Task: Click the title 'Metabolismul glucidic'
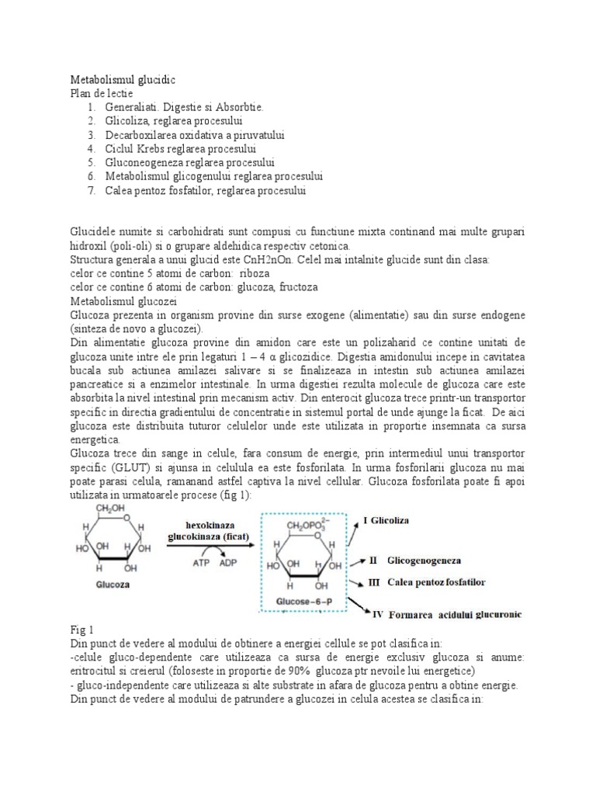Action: pyautogui.click(x=123, y=80)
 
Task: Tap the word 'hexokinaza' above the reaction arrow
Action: pyautogui.click(x=203, y=524)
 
